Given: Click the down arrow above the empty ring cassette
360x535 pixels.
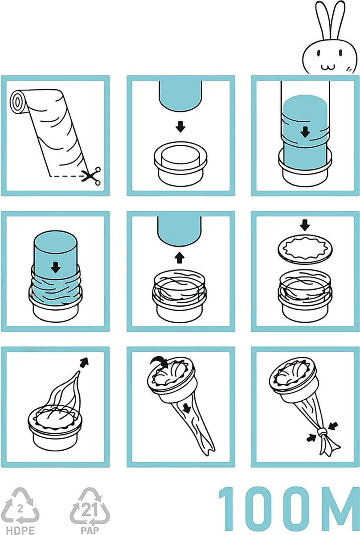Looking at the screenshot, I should click(180, 128).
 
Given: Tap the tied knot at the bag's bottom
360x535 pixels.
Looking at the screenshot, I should click(322, 433).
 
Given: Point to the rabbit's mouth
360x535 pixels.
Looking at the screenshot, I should click(327, 66).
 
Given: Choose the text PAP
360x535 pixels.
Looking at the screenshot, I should click(85, 527).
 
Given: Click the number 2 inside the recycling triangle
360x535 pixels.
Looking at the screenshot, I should click(20, 507).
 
